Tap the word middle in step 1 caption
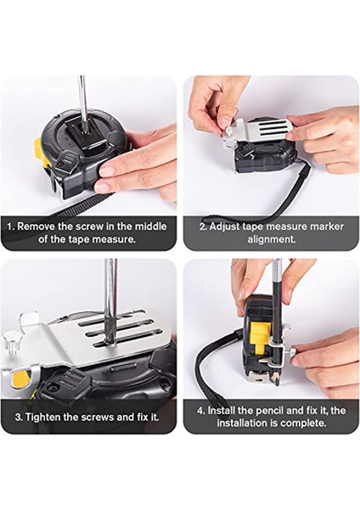(x=151, y=227)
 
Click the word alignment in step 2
(x=272, y=239)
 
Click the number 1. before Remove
(x=11, y=227)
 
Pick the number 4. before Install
(x=201, y=411)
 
